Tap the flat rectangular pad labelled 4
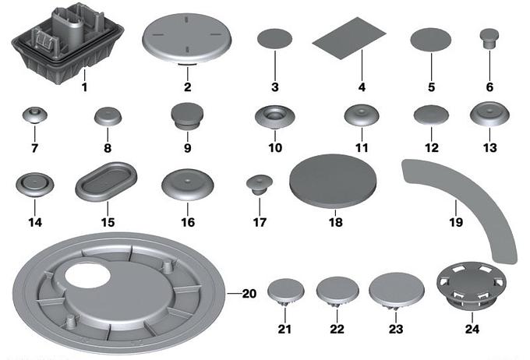(x=348, y=38)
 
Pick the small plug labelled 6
(x=489, y=38)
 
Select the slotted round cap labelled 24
(x=472, y=286)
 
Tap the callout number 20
(x=249, y=294)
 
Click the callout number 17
(x=260, y=222)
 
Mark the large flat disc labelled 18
(x=333, y=181)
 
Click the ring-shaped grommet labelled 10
(x=275, y=118)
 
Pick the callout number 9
(x=188, y=148)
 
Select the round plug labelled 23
(x=397, y=291)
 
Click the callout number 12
(x=432, y=148)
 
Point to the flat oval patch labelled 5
(x=431, y=40)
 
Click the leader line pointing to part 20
(x=235, y=294)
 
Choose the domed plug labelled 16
(x=188, y=185)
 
